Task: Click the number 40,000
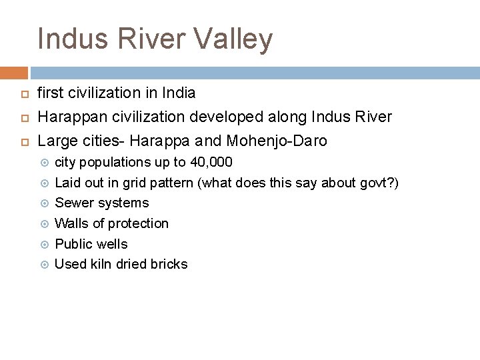(x=211, y=162)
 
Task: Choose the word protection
(x=138, y=223)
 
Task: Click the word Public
(x=73, y=244)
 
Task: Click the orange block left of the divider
(x=13, y=73)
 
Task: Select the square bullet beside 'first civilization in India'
(x=21, y=94)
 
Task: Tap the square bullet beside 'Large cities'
(x=21, y=141)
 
